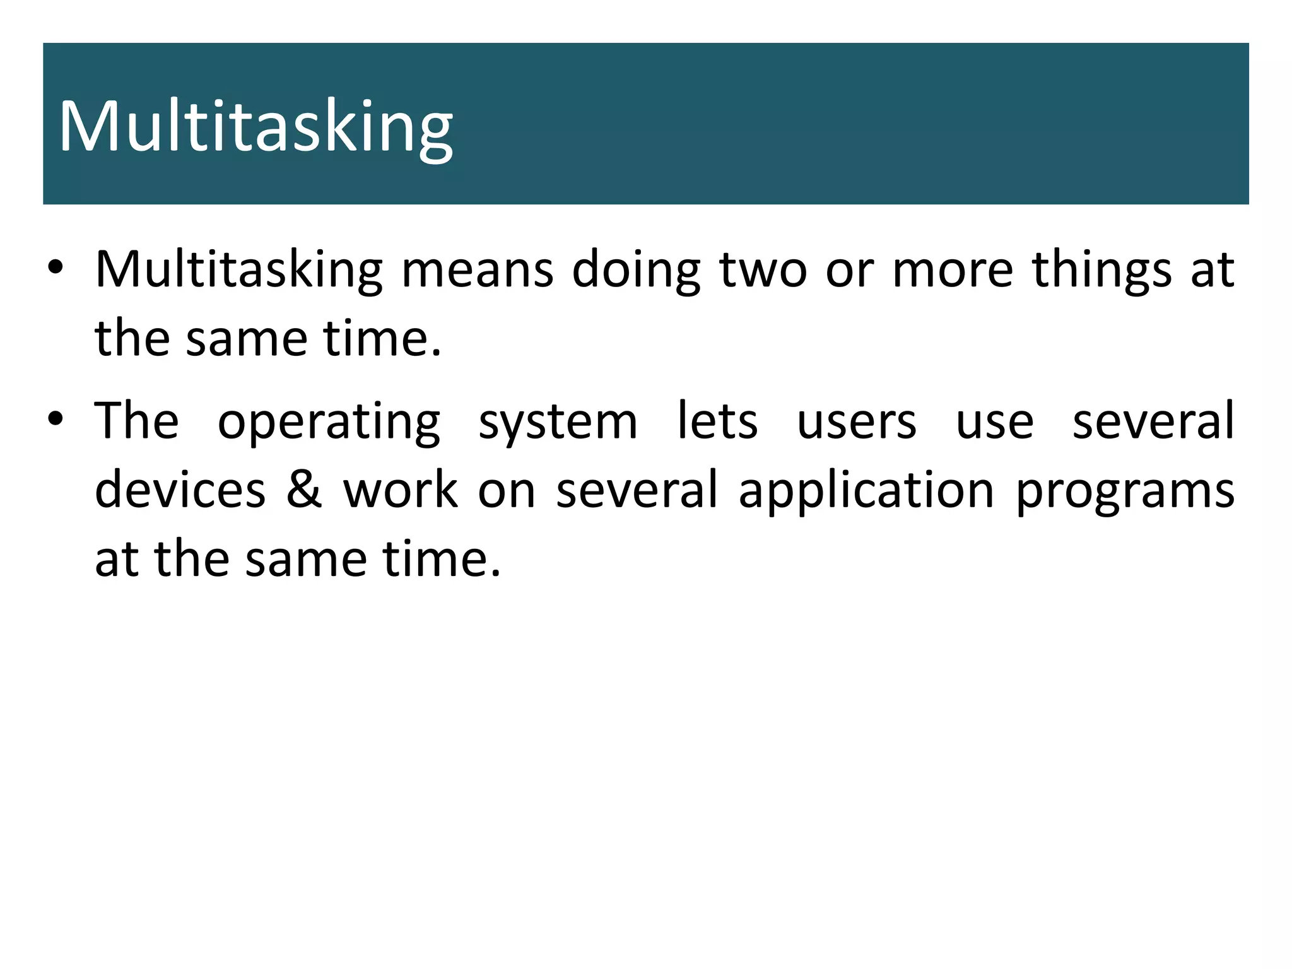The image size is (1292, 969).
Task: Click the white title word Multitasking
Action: coord(255,128)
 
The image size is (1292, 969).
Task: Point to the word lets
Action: coord(717,421)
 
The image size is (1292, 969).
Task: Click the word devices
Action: coord(180,490)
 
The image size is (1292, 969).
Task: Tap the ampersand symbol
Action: coord(305,490)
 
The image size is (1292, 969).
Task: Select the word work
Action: coord(401,490)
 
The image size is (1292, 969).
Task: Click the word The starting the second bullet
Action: coord(137,421)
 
